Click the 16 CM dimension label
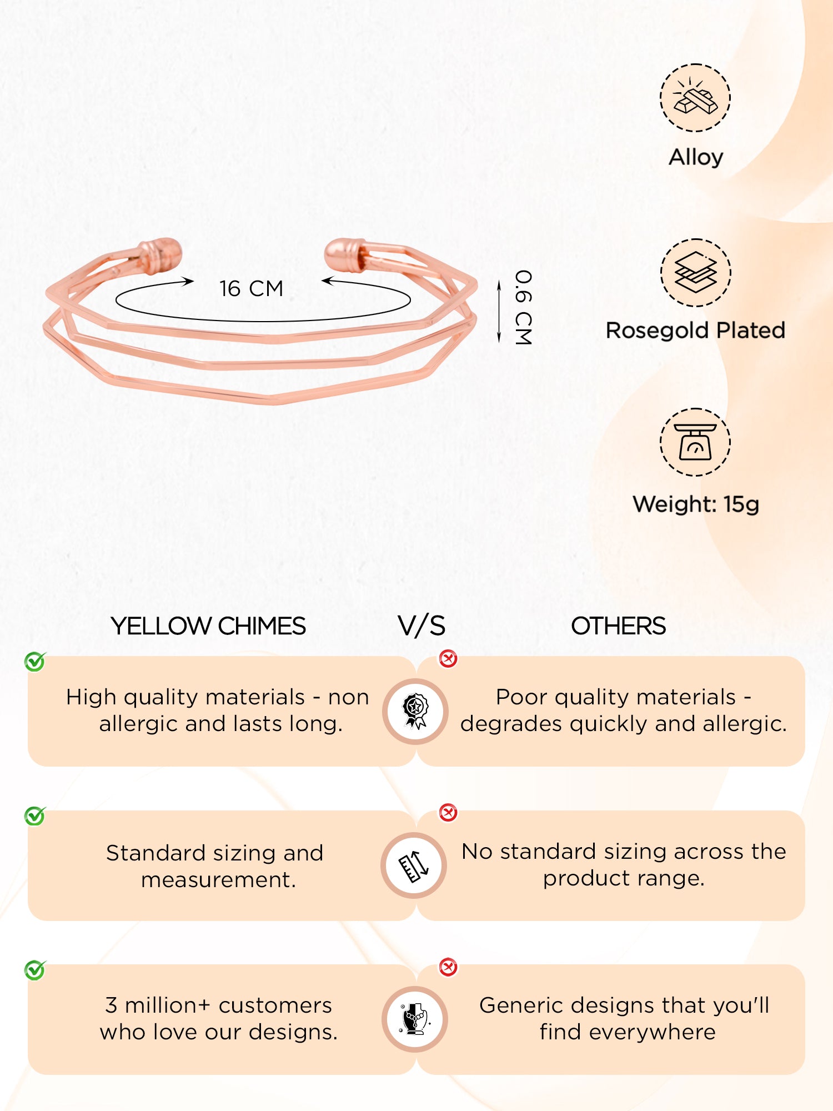pyautogui.click(x=251, y=289)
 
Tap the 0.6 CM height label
pyautogui.click(x=523, y=307)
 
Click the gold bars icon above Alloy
pyautogui.click(x=695, y=98)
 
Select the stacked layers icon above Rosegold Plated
pyautogui.click(x=695, y=272)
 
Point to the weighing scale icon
pyautogui.click(x=695, y=442)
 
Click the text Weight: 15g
pyautogui.click(x=695, y=504)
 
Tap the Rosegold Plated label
pyautogui.click(x=695, y=331)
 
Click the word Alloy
pyautogui.click(x=695, y=157)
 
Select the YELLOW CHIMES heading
pyautogui.click(x=208, y=626)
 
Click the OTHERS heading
pyautogui.click(x=618, y=626)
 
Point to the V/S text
pyautogui.click(x=421, y=626)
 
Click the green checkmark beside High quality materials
pyautogui.click(x=35, y=662)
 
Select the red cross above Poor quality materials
pyautogui.click(x=448, y=659)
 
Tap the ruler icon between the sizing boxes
pyautogui.click(x=414, y=865)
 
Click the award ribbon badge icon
pyautogui.click(x=415, y=711)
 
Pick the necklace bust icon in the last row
pyautogui.click(x=415, y=1019)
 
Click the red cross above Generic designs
pyautogui.click(x=448, y=967)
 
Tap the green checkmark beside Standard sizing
pyautogui.click(x=35, y=816)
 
